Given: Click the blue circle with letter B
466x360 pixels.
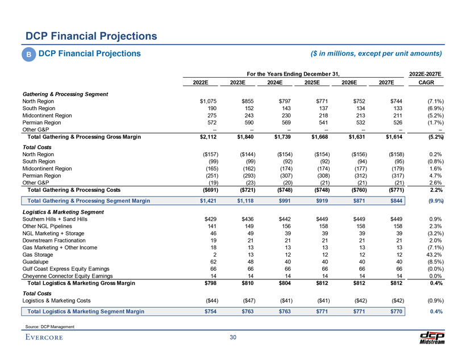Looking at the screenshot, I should point(27,55).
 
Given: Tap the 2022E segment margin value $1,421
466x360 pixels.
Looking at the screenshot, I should point(202,200).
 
